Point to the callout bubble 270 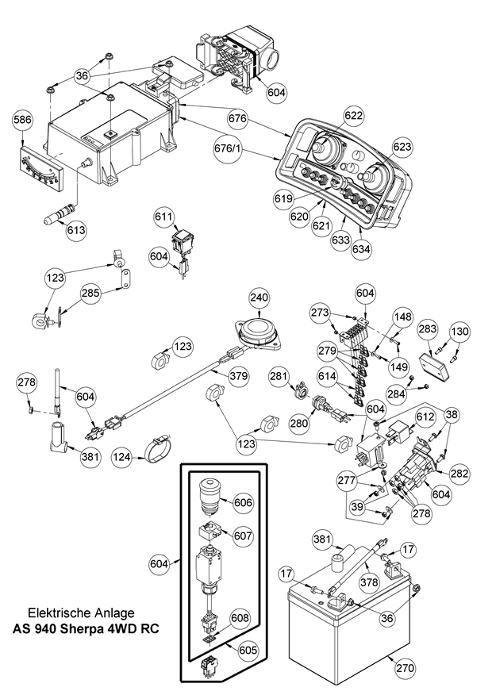tap(405, 668)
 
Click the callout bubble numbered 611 tap(163, 217)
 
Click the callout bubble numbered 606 tap(244, 501)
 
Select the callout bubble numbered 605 tap(248, 650)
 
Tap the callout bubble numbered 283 tap(428, 328)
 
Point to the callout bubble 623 tap(402, 147)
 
